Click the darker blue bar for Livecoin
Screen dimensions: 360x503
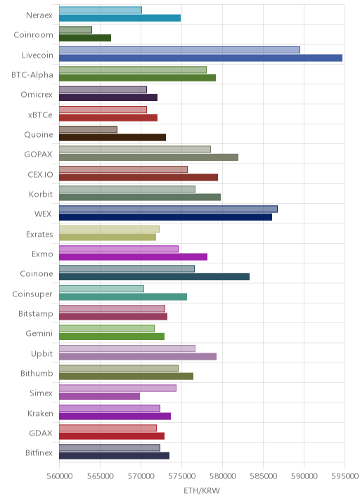click(200, 58)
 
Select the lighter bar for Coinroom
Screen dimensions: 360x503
click(75, 30)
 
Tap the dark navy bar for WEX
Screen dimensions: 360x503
click(165, 217)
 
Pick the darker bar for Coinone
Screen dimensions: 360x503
click(154, 277)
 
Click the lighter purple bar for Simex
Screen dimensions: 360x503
click(117, 388)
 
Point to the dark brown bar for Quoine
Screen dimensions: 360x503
click(112, 138)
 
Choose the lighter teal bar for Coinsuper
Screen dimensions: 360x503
click(101, 289)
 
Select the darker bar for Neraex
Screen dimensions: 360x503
click(120, 18)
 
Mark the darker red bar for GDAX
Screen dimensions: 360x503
click(112, 436)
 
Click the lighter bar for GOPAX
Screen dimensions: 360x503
click(135, 150)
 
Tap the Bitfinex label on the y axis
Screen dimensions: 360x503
click(39, 452)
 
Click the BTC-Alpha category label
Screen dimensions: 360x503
click(32, 74)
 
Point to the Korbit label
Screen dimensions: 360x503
click(41, 194)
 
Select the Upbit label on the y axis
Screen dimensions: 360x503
click(41, 353)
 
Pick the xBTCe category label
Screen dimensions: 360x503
click(40, 115)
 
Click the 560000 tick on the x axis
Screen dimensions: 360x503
click(60, 476)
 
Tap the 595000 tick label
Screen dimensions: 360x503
click(345, 476)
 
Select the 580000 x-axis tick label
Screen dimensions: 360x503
click(223, 476)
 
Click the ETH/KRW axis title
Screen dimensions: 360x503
click(202, 490)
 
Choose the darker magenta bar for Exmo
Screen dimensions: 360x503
click(134, 257)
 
